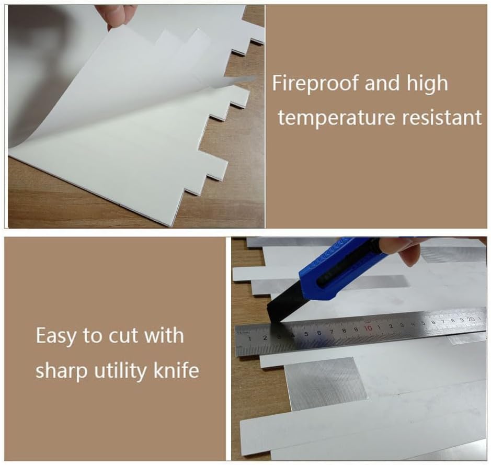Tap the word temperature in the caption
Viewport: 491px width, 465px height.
pyautogui.click(x=337, y=118)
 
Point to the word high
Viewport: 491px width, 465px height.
pyautogui.click(x=427, y=84)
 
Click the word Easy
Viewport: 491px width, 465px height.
pyautogui.click(x=56, y=336)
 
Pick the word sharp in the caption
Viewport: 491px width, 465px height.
pyautogui.click(x=61, y=371)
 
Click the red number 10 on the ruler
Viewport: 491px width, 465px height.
pyautogui.click(x=368, y=328)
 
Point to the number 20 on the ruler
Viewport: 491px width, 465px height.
pyautogui.click(x=471, y=319)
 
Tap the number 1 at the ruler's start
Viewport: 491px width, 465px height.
pyautogui.click(x=249, y=338)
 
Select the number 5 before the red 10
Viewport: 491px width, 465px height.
pyautogui.click(x=306, y=334)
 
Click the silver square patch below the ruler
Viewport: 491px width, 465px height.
pyautogui.click(x=325, y=383)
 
